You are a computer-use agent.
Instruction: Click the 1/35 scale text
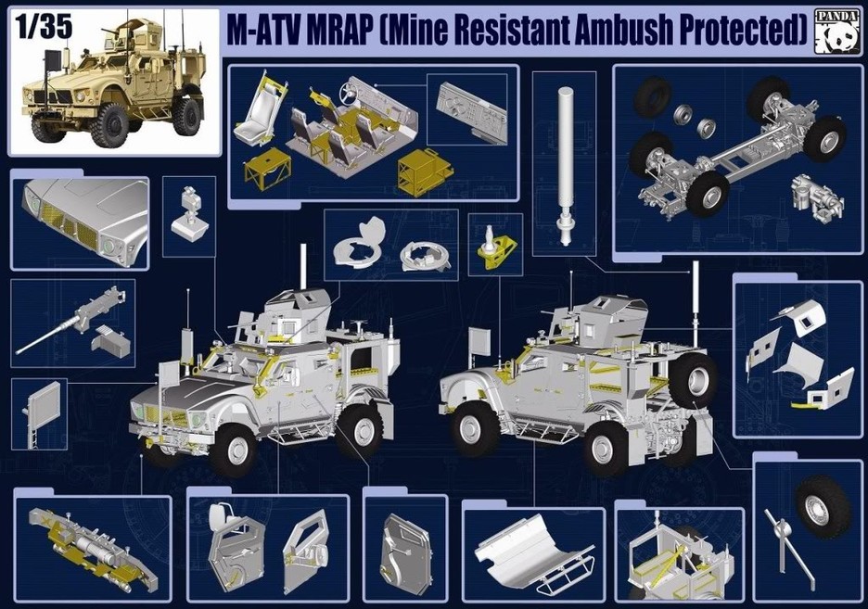[x=44, y=27]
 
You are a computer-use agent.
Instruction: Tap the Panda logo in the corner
[x=838, y=32]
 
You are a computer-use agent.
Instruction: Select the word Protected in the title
[x=743, y=30]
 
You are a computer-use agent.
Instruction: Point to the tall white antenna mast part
[x=564, y=165]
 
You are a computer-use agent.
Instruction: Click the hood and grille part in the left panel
[x=84, y=222]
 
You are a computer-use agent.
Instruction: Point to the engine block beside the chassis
[x=816, y=200]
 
